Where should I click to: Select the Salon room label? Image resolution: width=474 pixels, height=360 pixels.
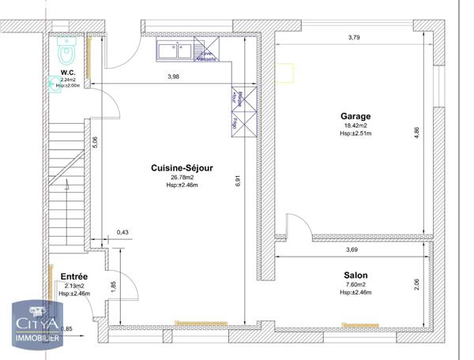pos(355,276)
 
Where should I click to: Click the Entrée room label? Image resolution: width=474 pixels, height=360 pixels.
pos(74,276)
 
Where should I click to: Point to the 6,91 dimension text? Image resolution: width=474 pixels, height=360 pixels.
pos(237,181)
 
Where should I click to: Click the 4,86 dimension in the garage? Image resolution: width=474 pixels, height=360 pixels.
pos(417,134)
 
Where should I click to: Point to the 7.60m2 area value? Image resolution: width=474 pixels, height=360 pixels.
pos(355,285)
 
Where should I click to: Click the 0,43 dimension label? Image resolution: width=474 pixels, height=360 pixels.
pos(122,232)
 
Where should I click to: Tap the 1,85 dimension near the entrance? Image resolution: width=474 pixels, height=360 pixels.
pos(113,286)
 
